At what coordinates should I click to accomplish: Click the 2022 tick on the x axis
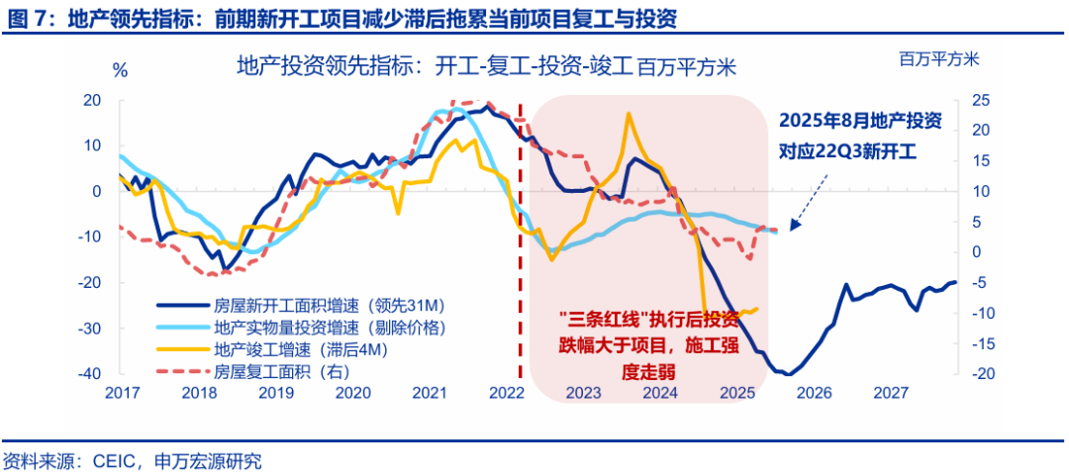(x=506, y=393)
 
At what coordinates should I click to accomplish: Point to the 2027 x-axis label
(x=891, y=393)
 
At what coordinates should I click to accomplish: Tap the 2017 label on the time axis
(x=122, y=393)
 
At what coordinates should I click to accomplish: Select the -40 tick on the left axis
(x=90, y=374)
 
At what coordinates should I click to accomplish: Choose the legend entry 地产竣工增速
(x=278, y=349)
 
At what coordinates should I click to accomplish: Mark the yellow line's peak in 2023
(x=628, y=114)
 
